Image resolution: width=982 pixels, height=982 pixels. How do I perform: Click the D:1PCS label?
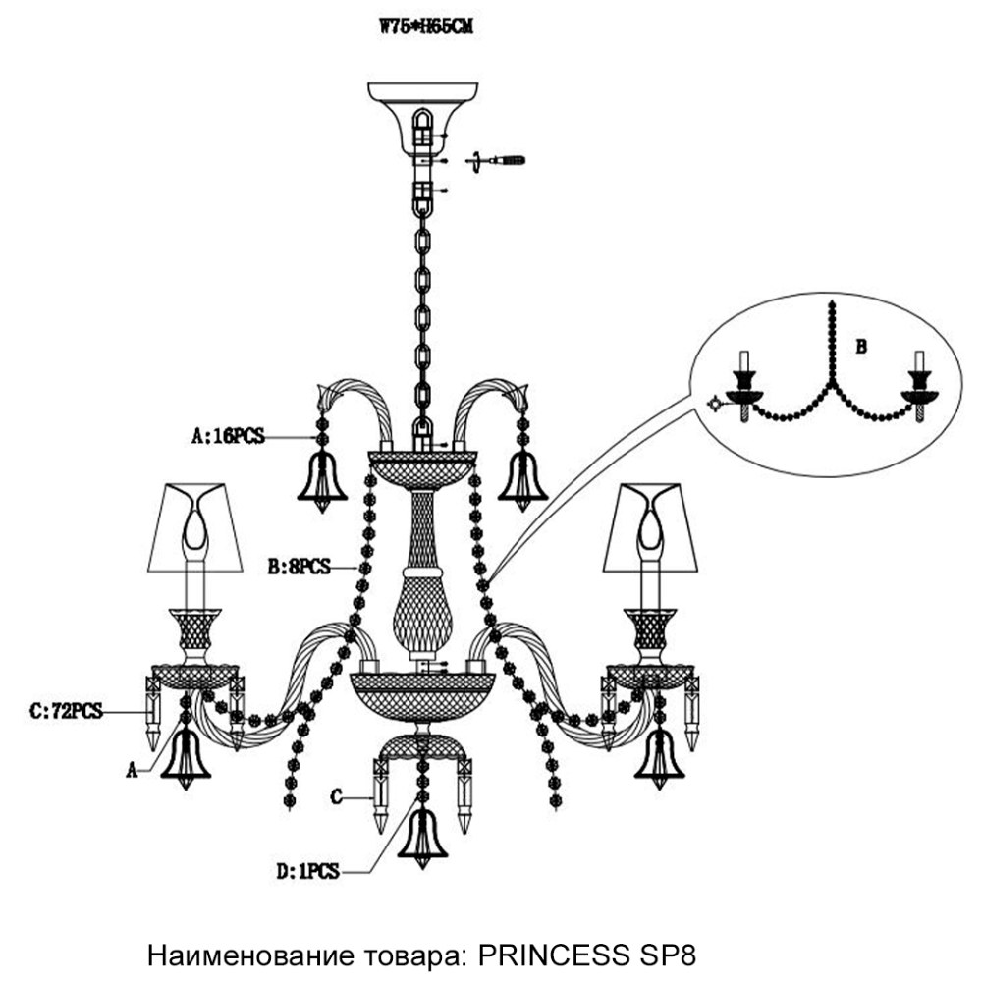pos(307,870)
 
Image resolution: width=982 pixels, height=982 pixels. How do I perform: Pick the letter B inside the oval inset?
pos(861,346)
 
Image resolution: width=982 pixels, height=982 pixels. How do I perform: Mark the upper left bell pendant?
pos(321,480)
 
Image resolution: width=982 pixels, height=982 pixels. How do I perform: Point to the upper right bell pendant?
pos(522,480)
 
